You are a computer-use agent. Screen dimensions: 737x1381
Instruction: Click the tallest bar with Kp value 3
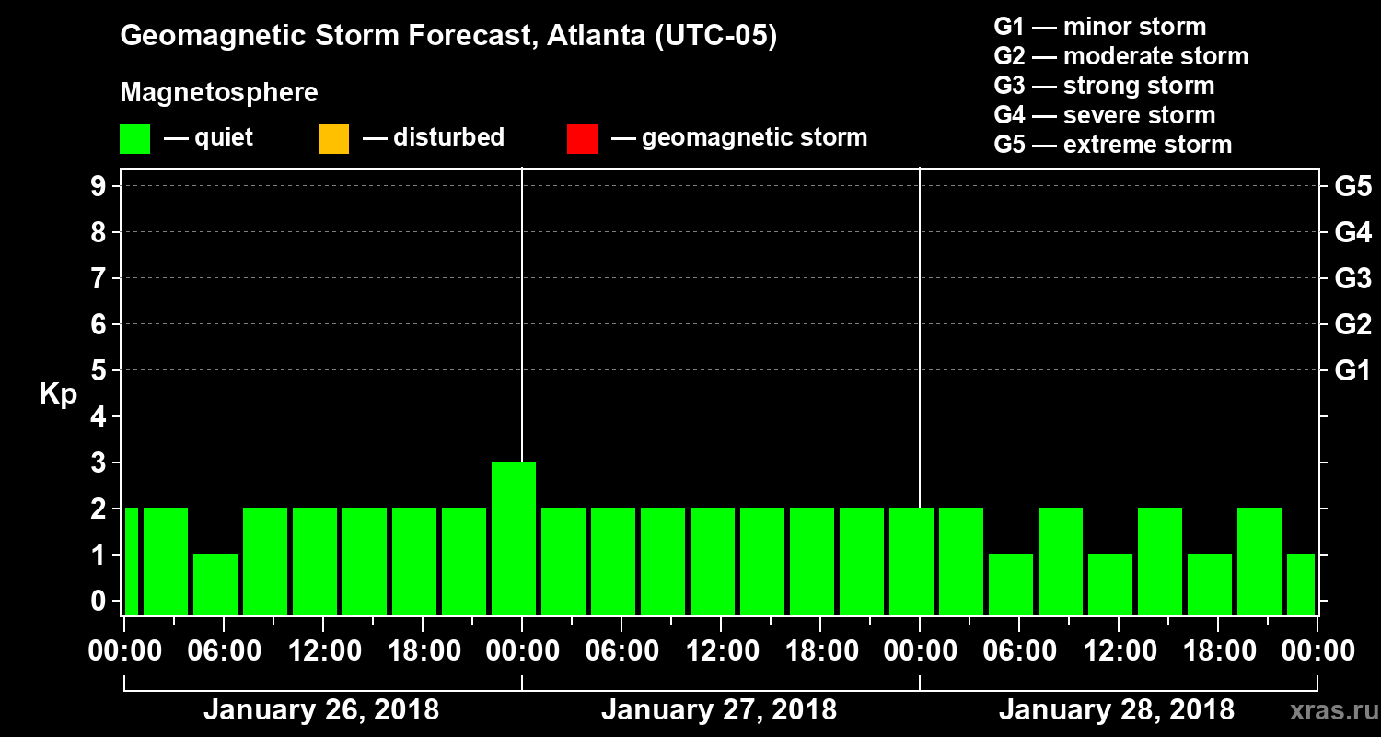coord(514,538)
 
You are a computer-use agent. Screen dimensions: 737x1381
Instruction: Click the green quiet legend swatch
coord(134,139)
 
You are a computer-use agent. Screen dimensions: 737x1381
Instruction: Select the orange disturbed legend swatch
coord(333,139)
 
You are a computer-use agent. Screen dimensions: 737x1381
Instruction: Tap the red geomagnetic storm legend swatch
coord(582,139)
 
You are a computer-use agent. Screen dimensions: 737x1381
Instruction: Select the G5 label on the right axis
coord(1352,187)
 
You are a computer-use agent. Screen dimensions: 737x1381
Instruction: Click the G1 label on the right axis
coord(1352,371)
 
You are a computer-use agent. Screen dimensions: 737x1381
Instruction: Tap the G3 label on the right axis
coord(1352,279)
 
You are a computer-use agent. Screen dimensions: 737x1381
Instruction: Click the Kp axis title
coord(58,394)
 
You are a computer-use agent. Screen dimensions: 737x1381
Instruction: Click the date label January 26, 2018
coord(320,710)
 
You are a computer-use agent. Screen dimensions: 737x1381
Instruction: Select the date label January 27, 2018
coord(718,710)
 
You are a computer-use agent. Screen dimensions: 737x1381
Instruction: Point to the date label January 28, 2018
coord(1116,710)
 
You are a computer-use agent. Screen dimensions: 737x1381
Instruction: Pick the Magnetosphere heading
coord(219,93)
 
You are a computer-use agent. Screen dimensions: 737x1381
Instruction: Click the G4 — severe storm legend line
coord(1104,115)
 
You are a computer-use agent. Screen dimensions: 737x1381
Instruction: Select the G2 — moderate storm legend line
coord(1120,56)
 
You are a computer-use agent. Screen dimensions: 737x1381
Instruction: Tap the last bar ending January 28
coord(1301,584)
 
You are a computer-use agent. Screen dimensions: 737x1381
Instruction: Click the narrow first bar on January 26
coord(131,561)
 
